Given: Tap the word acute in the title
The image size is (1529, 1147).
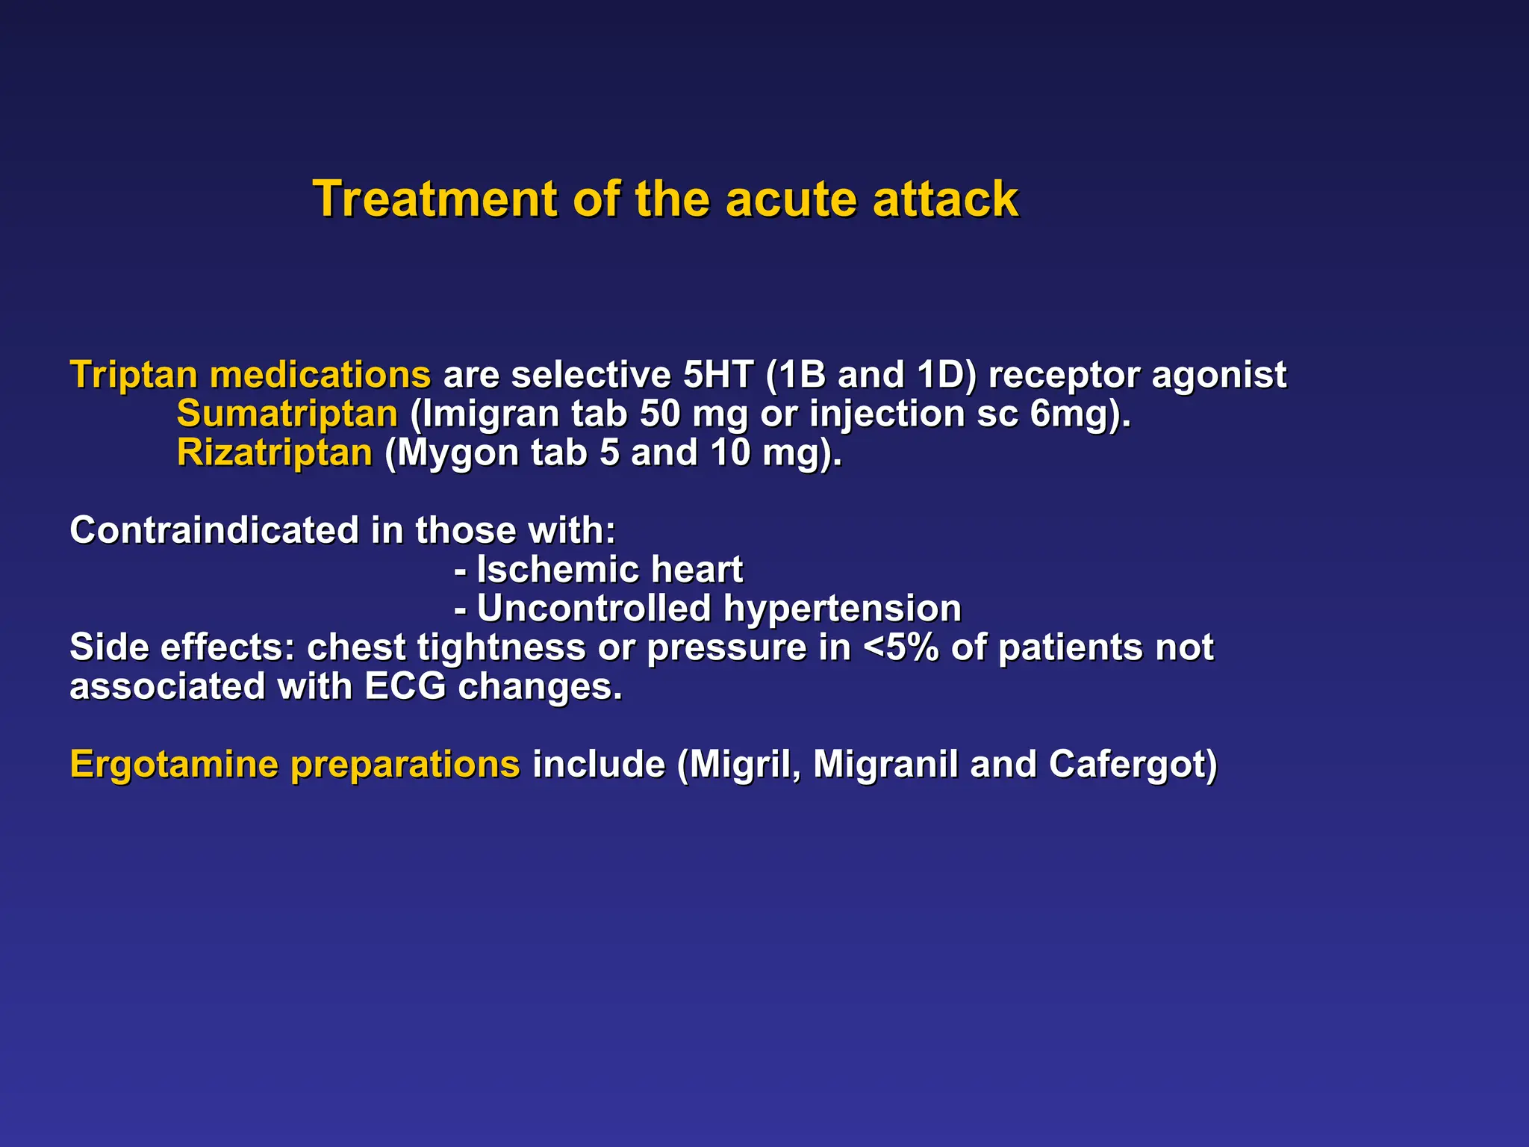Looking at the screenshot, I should coord(791,199).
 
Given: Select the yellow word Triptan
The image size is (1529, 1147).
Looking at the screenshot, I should coord(134,375).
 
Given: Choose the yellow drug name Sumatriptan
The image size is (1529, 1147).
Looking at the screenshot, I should coord(287,414).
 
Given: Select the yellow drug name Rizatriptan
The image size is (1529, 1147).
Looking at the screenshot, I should coord(274,453).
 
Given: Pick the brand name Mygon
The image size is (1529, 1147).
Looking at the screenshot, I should coord(458,453).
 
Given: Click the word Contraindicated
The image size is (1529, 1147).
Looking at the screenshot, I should coord(214,530).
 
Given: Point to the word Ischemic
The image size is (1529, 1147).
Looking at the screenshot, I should coord(557,570).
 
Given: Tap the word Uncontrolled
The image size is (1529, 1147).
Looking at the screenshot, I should coord(594,609).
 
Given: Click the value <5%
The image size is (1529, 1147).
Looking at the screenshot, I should coord(900,647).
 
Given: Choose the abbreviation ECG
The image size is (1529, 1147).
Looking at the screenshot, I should coord(405,686).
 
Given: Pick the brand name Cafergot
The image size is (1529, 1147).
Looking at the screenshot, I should coord(1132,765).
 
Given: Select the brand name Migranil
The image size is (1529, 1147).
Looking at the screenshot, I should coord(885,765).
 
